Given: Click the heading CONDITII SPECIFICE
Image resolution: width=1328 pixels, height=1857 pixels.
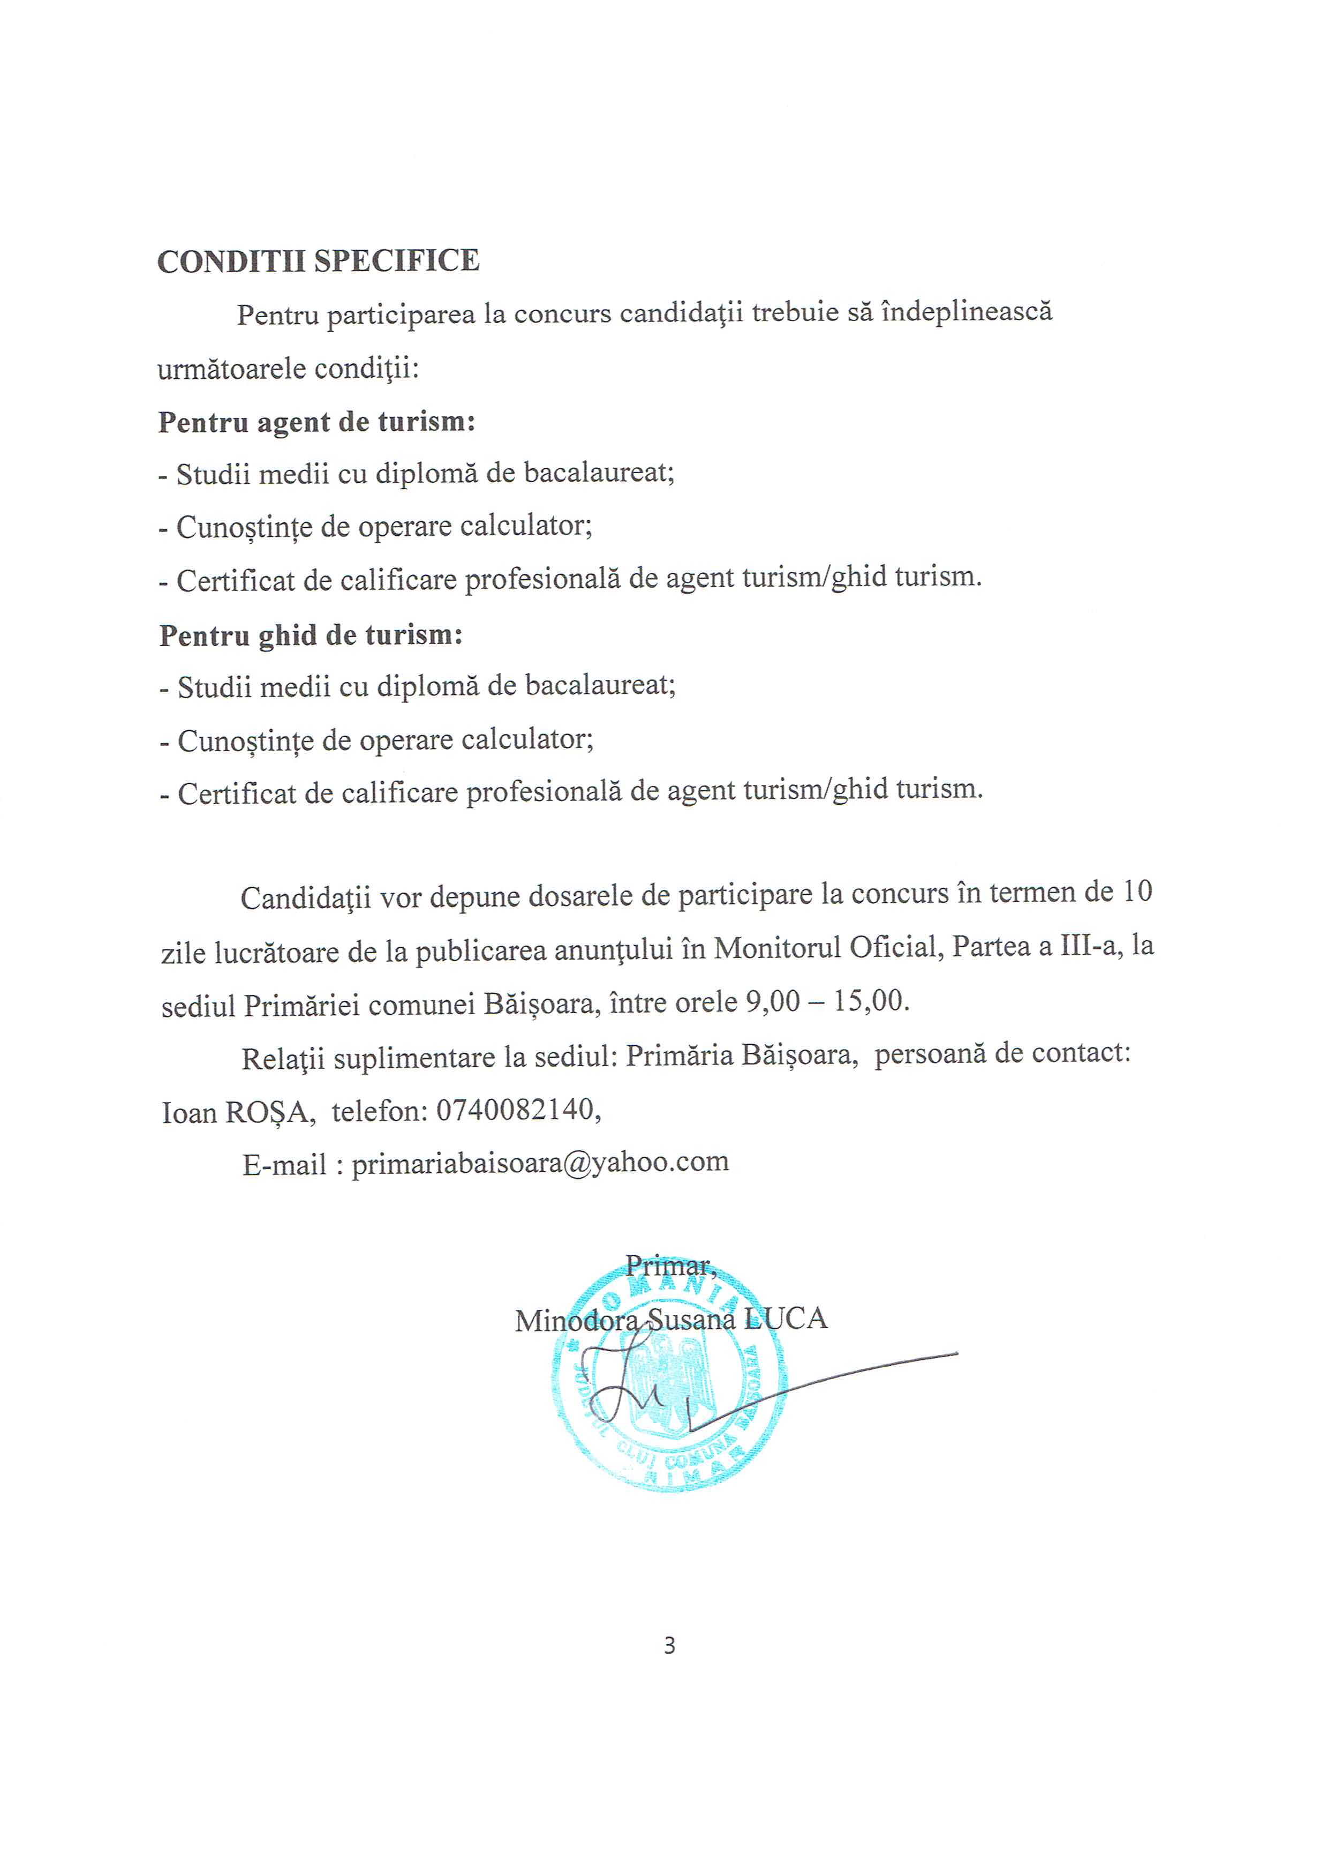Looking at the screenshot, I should [x=318, y=261].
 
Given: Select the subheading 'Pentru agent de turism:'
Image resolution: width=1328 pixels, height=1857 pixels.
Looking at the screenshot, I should [x=316, y=422].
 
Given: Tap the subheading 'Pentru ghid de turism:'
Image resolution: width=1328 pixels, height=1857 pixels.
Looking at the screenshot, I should [x=311, y=635].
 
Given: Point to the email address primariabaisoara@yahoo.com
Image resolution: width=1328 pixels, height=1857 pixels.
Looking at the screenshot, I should [x=540, y=1163].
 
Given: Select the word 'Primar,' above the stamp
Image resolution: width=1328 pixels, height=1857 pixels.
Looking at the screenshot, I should [x=670, y=1266].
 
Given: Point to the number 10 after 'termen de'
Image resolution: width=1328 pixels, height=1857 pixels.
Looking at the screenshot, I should [x=1137, y=892].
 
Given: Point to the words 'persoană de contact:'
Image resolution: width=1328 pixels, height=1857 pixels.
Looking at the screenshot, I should [x=1002, y=1054].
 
